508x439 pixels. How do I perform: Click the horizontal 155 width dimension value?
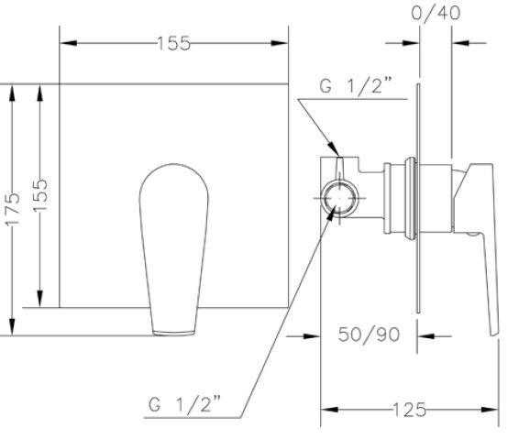pos(173,43)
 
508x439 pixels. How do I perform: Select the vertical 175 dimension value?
pos(13,209)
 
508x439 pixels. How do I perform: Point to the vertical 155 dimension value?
pos(40,195)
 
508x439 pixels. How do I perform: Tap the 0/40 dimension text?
pos(436,13)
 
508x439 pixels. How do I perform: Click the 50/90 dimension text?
pos(369,335)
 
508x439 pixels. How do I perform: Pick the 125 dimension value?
pos(409,410)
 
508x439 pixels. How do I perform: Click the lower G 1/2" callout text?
pos(184,403)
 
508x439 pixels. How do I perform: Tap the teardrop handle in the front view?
pos(174,249)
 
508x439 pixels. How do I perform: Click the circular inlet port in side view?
pos(339,198)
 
